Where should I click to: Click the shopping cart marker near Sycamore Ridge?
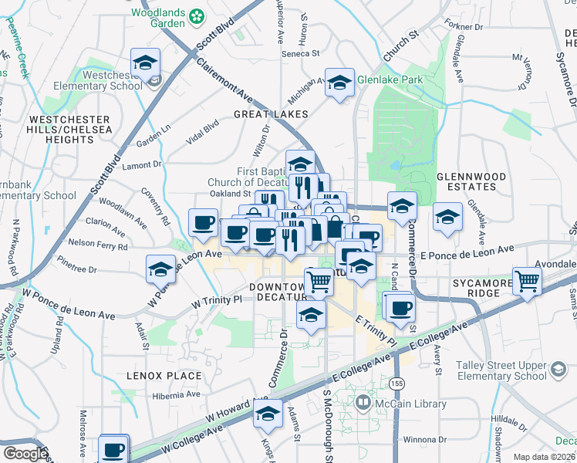[x=528, y=282]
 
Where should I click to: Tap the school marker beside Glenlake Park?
[x=339, y=83]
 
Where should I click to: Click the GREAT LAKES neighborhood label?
[x=271, y=114]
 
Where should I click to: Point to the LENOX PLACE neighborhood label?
[x=164, y=376]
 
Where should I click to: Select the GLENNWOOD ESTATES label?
[x=471, y=182]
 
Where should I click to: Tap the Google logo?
[x=25, y=454]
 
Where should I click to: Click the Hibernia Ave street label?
[x=176, y=394]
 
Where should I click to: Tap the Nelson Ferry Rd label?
[x=98, y=245]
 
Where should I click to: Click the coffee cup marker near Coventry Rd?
[x=204, y=222]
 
